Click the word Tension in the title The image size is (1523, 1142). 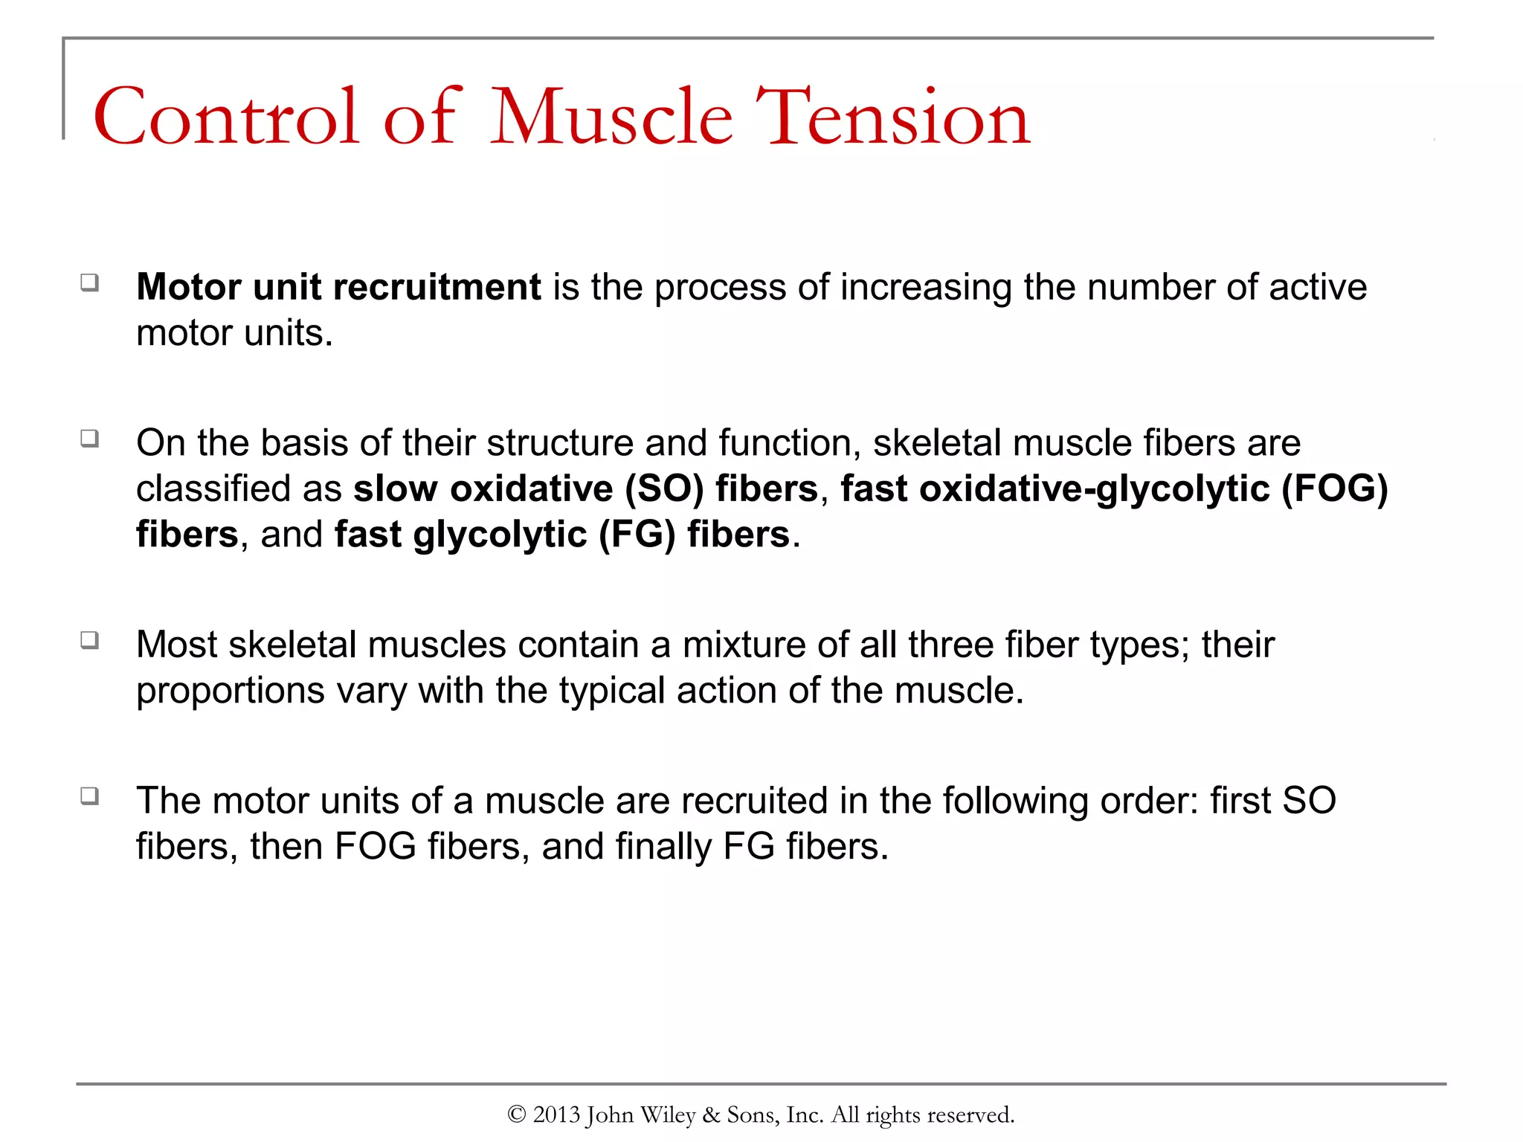(893, 117)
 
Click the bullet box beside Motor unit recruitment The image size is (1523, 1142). (90, 283)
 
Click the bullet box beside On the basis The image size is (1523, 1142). (90, 439)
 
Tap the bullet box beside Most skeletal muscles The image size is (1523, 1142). (90, 640)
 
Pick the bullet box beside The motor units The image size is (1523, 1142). (90, 796)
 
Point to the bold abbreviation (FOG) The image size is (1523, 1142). (1334, 489)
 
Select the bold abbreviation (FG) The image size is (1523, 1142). (637, 535)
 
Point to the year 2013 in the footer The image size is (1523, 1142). (556, 1114)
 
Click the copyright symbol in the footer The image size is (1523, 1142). (516, 1114)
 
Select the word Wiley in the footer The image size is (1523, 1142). (667, 1114)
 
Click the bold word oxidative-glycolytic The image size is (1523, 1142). (1094, 489)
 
